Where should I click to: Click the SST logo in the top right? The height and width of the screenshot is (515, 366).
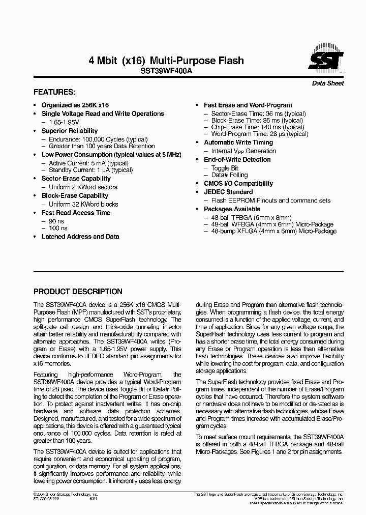click(326, 60)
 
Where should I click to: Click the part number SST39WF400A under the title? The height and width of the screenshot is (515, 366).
click(166, 72)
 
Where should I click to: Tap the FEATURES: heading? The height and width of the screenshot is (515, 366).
click(54, 93)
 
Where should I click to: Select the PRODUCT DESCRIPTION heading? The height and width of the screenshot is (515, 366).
click(78, 292)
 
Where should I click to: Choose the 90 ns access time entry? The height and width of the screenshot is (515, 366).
click(57, 221)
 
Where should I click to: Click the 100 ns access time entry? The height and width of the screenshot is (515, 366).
click(58, 228)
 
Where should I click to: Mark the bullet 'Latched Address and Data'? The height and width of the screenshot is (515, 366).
click(80, 237)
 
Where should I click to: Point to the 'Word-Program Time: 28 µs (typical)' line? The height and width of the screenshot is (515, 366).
click(260, 134)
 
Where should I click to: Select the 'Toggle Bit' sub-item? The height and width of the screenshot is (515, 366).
click(225, 168)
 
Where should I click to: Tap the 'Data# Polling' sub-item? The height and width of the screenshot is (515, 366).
click(229, 175)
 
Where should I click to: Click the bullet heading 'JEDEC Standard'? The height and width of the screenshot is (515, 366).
click(228, 192)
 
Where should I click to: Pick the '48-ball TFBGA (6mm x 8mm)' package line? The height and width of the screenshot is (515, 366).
click(252, 217)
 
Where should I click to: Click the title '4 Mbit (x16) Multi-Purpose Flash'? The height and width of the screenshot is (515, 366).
click(166, 61)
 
